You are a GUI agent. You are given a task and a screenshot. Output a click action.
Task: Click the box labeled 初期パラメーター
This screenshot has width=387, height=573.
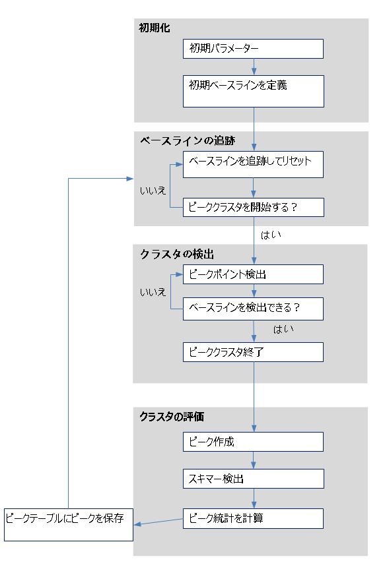pos(253,49)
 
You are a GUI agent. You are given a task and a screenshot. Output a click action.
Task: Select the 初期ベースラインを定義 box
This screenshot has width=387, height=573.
pos(254,92)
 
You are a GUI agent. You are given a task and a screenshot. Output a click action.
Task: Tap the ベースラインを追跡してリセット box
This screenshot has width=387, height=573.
pos(253,164)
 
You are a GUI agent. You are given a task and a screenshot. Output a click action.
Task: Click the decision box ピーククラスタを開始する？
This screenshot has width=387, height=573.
pos(254,207)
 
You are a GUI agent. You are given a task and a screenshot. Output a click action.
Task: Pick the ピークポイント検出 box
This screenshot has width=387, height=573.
pos(253,274)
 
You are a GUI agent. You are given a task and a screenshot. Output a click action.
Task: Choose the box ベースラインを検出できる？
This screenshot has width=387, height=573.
pos(253,309)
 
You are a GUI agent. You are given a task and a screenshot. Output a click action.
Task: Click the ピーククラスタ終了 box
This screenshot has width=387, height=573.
pos(253,352)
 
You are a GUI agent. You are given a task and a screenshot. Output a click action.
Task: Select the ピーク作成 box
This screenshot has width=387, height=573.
pos(253,442)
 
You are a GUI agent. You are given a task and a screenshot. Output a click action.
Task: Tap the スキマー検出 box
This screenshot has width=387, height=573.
pos(254,479)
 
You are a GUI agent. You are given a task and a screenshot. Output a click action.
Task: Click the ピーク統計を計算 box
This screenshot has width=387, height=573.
pos(253,518)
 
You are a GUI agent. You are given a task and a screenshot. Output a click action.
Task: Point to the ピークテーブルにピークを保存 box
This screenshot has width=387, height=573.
pos(69,525)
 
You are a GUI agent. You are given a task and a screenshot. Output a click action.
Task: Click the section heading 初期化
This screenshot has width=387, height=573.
pos(154,28)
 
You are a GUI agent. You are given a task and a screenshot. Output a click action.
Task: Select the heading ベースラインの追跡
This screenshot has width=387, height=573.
pos(188,140)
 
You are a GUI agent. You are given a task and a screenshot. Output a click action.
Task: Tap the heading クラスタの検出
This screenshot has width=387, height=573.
pos(177,255)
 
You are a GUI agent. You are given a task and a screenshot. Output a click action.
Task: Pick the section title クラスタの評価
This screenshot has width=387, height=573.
pos(172,417)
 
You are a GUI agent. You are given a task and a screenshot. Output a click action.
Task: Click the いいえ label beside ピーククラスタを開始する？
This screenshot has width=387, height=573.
pos(153,191)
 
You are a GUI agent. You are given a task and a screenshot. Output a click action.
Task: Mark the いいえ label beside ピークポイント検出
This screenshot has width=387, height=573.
pos(153,292)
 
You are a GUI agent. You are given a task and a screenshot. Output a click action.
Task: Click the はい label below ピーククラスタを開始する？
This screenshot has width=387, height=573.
pos(271,235)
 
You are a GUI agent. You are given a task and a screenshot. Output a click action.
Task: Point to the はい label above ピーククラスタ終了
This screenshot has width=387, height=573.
pos(283,329)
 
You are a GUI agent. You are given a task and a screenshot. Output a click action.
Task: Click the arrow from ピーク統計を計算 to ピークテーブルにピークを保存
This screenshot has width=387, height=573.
pos(158,522)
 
